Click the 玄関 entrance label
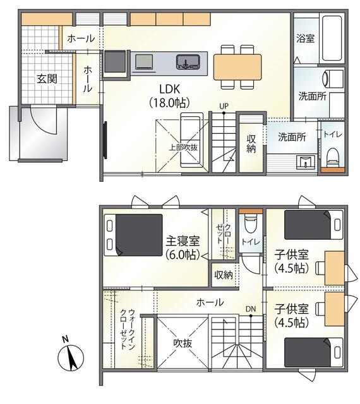[47, 78]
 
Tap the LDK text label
[169, 89]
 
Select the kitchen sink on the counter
[188, 62]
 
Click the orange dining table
[237, 67]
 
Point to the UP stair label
[224, 106]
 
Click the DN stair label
[250, 309]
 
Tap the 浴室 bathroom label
[305, 39]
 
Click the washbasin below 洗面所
[306, 162]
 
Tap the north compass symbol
[71, 358]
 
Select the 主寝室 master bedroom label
[183, 241]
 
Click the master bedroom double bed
[133, 235]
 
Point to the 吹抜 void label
[183, 343]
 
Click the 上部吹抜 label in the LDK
[183, 147]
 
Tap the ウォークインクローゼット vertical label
[128, 329]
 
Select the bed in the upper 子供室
[314, 225]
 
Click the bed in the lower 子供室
[314, 352]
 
